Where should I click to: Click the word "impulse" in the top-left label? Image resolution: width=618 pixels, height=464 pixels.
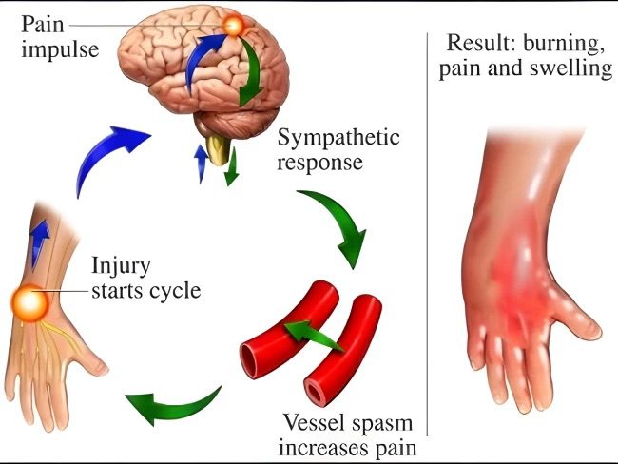click(59, 48)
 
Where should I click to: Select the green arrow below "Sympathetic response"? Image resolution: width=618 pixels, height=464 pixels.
click(338, 223)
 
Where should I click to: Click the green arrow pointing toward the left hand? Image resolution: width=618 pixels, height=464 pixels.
click(176, 404)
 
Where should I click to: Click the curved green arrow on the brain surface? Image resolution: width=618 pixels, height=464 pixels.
click(250, 76)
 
